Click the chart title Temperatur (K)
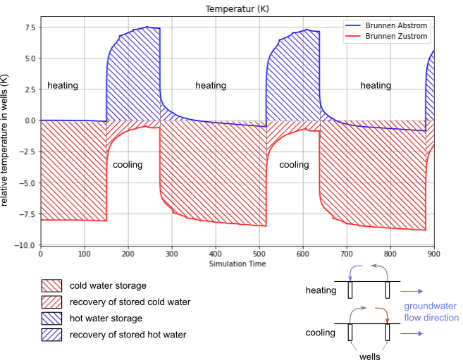click(x=237, y=9)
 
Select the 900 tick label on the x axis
click(x=434, y=254)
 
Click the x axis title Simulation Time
click(x=237, y=263)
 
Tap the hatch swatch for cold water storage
click(x=51, y=286)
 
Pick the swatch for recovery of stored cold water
click(x=51, y=302)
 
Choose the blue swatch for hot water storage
click(x=51, y=318)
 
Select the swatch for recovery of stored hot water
click(x=51, y=335)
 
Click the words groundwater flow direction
click(x=430, y=312)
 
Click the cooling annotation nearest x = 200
click(x=128, y=165)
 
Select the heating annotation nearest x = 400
click(x=211, y=86)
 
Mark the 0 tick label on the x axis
click(x=40, y=254)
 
